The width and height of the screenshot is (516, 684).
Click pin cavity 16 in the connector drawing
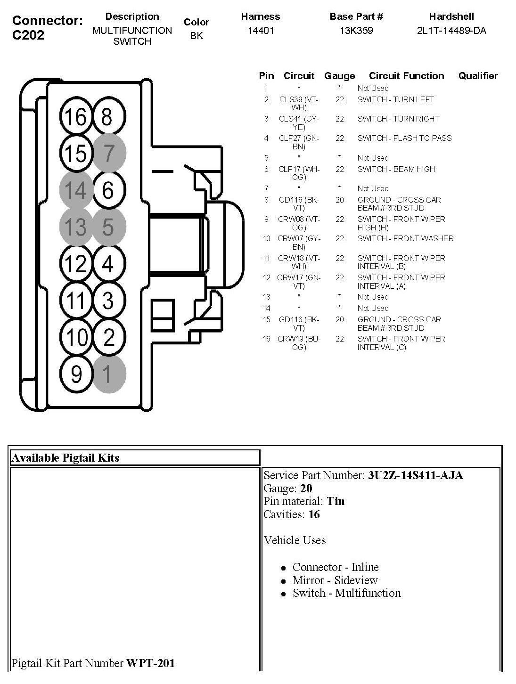76,116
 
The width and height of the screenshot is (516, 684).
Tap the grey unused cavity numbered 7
109,153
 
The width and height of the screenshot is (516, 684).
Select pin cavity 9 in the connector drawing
76,374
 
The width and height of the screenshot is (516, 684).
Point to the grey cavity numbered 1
109,374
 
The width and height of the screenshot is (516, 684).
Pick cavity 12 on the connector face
76,264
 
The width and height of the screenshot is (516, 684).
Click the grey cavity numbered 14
76,190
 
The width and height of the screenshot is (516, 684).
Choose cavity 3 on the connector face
109,301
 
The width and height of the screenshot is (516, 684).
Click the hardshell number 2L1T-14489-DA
451,31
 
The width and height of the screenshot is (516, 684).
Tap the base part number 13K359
356,31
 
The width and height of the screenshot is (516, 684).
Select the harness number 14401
261,31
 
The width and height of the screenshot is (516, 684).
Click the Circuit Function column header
406,76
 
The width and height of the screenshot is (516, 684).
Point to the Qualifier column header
478,76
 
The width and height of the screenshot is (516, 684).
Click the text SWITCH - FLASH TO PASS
404,138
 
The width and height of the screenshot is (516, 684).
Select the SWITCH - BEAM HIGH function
396,169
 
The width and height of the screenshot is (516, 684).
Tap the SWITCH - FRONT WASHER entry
405,238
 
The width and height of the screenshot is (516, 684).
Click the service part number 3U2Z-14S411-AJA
415,475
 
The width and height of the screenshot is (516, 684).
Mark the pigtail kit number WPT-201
150,663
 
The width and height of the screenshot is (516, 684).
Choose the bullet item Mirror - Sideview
335,580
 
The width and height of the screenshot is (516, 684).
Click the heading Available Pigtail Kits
66,458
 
